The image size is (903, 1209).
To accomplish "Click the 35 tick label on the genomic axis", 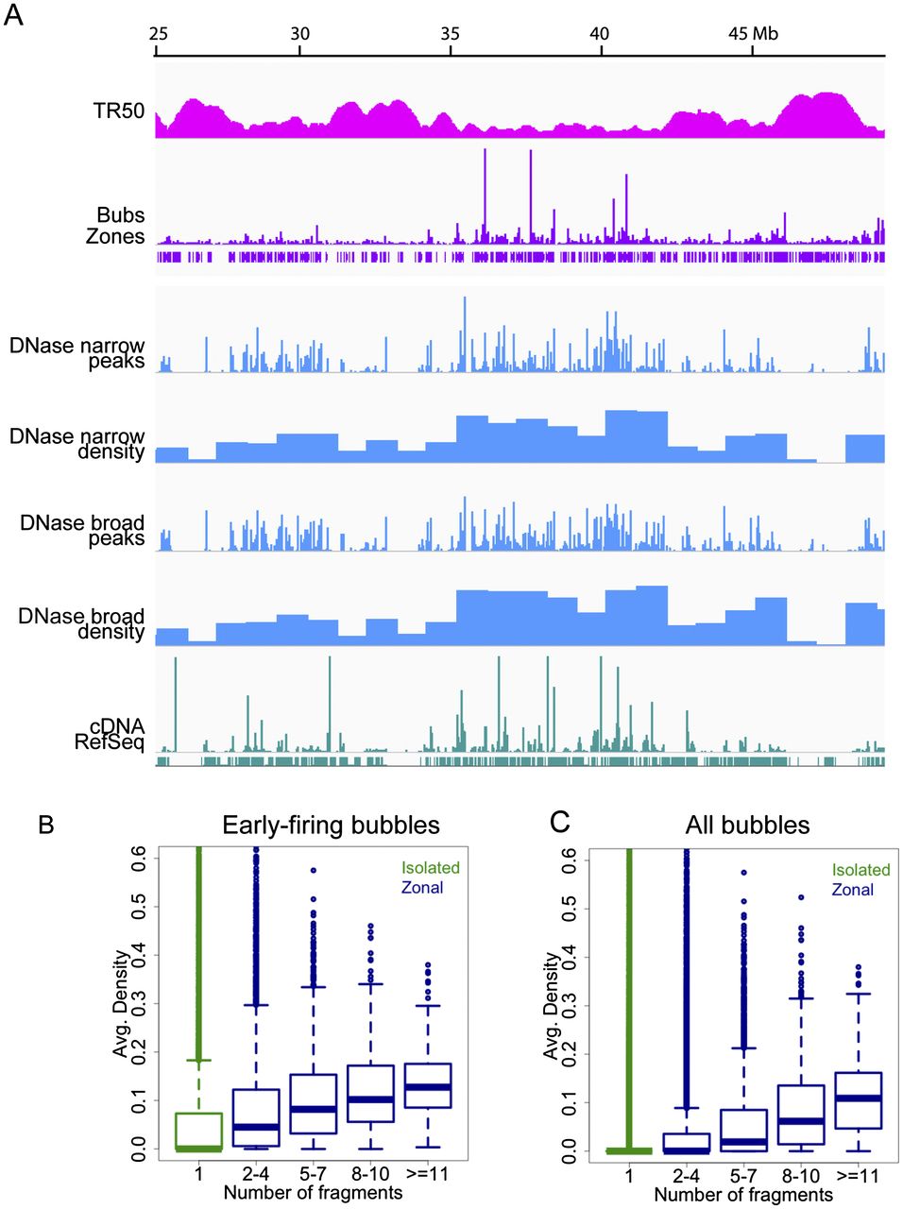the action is (450, 34).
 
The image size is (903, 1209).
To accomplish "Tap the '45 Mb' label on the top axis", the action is (753, 34).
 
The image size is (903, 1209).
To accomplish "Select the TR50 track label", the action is (118, 111).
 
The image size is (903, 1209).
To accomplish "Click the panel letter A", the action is (14, 15).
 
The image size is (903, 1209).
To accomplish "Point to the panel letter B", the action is (46, 825).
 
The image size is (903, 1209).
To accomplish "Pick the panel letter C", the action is (560, 823).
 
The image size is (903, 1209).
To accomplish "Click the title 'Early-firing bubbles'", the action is (331, 826).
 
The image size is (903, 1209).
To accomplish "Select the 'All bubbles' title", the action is (747, 826).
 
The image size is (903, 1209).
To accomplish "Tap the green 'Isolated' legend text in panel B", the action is (430, 867).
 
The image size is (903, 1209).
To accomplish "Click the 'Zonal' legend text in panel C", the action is (852, 890).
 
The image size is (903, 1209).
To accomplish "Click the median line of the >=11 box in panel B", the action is (428, 1087).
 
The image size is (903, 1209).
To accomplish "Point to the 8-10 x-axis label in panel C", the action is (801, 1176).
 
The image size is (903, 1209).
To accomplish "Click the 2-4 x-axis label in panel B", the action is (255, 1174).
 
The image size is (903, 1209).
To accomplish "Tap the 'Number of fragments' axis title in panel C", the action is (743, 1195).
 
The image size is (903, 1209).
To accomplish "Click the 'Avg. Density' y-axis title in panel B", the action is (121, 1011).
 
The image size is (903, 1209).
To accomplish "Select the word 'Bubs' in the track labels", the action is (121, 214).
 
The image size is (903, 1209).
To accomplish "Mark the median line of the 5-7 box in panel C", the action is (743, 1141).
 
